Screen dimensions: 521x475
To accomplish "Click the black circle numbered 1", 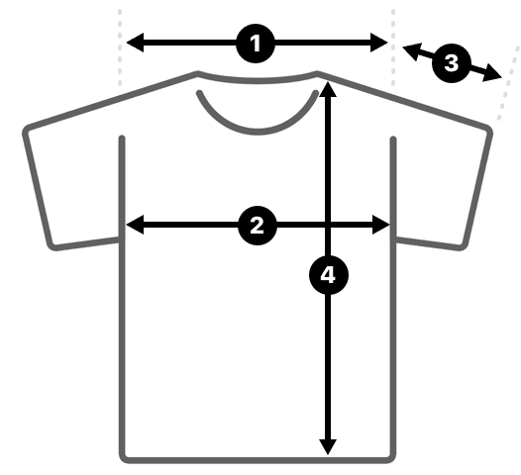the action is tap(256, 44).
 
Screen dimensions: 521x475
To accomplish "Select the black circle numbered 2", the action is tap(258, 226).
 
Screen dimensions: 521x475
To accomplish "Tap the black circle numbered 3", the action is tap(452, 62).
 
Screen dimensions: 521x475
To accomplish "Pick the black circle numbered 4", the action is tap(329, 275).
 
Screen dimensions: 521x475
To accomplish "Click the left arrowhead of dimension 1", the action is tap(135, 43).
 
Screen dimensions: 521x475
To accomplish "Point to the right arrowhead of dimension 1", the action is tap(379, 43).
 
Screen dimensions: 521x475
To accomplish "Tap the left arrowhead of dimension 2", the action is tap(135, 225).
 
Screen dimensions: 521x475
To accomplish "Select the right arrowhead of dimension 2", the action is tap(381, 225).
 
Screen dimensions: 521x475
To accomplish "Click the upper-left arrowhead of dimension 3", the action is tap(411, 50).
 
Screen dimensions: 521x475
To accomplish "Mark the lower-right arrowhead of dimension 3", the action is tap(492, 73).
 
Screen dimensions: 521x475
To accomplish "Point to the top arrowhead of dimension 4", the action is tap(328, 90).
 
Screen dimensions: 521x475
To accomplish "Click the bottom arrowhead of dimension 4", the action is tap(328, 446).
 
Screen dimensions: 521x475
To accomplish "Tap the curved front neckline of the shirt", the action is tap(257, 132).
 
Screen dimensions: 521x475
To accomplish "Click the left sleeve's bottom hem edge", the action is tap(85, 243).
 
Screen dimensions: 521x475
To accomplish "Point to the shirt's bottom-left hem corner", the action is tap(124, 458).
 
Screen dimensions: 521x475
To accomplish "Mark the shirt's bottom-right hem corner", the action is tap(391, 458).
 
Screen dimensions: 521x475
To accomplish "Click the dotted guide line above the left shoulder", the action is tap(120, 48).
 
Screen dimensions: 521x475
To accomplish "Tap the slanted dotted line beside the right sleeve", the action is tap(508, 84).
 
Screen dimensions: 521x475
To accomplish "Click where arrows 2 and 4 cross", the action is tap(328, 225).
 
